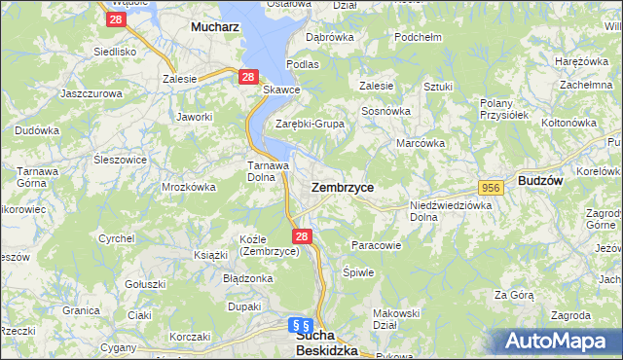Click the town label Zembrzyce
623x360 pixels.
pyautogui.click(x=342, y=187)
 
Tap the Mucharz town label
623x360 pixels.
pyautogui.click(x=215, y=28)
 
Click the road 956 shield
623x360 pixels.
pyautogui.click(x=490, y=187)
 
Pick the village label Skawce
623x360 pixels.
pyautogui.click(x=282, y=90)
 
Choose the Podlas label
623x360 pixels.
pyautogui.click(x=303, y=64)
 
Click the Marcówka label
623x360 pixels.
pyautogui.click(x=421, y=143)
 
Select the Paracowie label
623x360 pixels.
pyautogui.click(x=376, y=245)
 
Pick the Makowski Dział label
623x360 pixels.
pyautogui.click(x=396, y=319)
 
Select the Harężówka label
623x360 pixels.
pyautogui.click(x=574, y=61)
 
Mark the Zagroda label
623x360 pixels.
pyautogui.click(x=570, y=316)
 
